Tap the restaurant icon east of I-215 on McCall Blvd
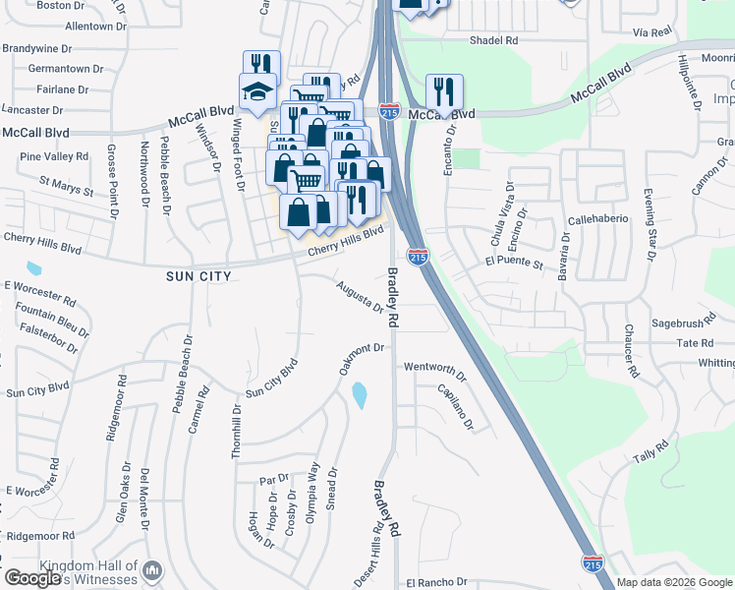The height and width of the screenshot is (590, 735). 444,92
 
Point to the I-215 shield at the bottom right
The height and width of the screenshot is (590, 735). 593,563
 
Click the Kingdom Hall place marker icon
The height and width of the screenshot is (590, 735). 152,570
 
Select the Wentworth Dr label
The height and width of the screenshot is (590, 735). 434,370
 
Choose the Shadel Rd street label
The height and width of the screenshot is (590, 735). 493,40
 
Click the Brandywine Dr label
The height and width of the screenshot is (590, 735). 37,47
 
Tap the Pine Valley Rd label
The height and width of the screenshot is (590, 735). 54,156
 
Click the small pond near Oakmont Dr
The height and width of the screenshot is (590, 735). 359,395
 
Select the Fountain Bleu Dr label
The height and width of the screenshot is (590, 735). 47,321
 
